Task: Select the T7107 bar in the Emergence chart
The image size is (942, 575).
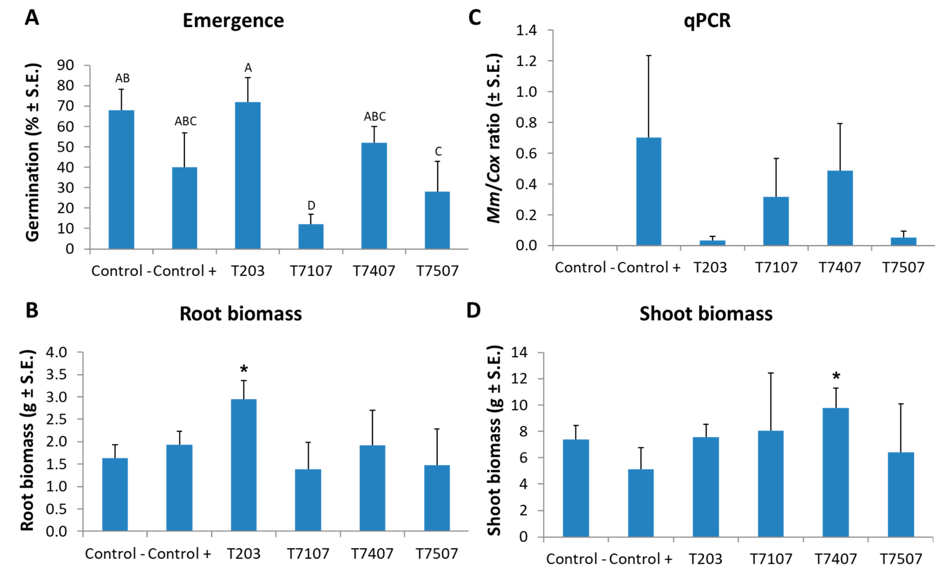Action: point(311,237)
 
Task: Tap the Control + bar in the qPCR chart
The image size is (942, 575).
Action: point(649,192)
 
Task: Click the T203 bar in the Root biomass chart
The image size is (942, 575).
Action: point(244,465)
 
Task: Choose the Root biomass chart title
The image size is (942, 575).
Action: point(241,314)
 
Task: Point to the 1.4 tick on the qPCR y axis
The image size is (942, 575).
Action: point(526,30)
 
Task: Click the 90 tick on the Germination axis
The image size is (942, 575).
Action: point(65,65)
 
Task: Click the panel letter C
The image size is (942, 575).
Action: point(475,18)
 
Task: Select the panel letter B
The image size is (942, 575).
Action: point(32,310)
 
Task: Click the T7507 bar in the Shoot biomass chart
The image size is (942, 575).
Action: point(901,494)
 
